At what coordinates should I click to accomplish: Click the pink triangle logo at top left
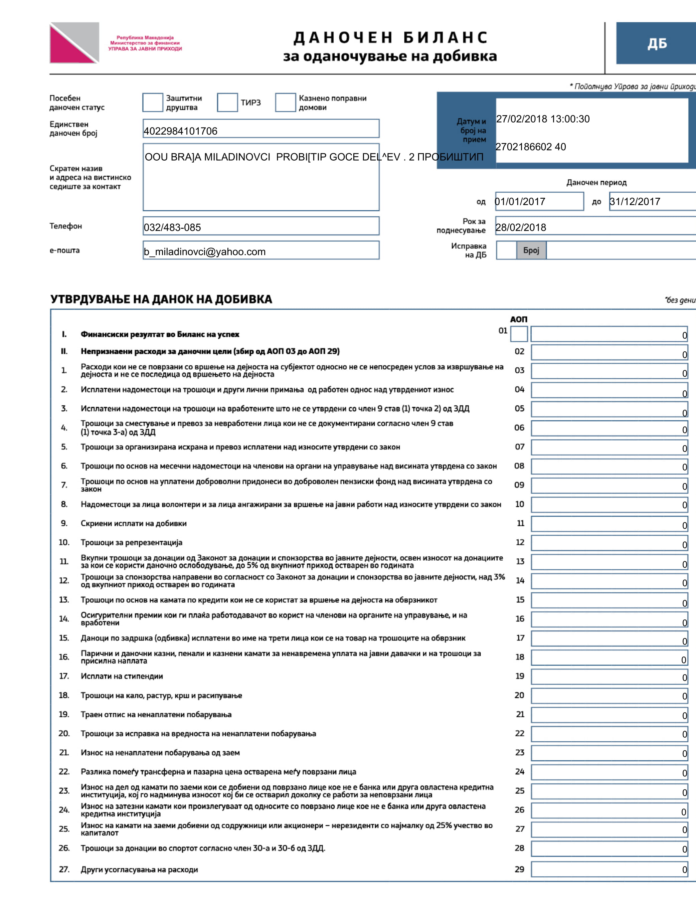click(69, 47)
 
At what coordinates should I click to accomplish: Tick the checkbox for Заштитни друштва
click(152, 103)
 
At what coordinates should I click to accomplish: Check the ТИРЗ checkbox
click(227, 103)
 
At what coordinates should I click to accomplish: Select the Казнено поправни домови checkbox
click(286, 103)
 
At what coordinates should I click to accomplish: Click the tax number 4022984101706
click(181, 131)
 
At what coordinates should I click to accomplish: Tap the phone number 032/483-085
click(172, 227)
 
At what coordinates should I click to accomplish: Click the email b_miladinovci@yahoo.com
click(204, 251)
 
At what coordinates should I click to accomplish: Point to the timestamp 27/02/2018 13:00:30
click(542, 119)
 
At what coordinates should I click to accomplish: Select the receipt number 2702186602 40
click(530, 147)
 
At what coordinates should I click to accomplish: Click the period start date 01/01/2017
click(520, 202)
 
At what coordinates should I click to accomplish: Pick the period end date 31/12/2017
click(635, 202)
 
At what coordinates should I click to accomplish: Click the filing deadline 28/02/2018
click(521, 227)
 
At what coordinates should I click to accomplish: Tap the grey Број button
click(531, 250)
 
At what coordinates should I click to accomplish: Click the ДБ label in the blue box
click(657, 43)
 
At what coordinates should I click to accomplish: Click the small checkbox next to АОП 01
click(519, 334)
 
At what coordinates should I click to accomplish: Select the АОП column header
click(519, 319)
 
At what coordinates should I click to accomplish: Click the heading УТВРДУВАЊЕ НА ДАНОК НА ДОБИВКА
click(161, 299)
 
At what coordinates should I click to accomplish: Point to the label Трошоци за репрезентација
click(132, 542)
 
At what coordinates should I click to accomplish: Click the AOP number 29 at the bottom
click(519, 869)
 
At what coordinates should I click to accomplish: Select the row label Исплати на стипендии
click(122, 676)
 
